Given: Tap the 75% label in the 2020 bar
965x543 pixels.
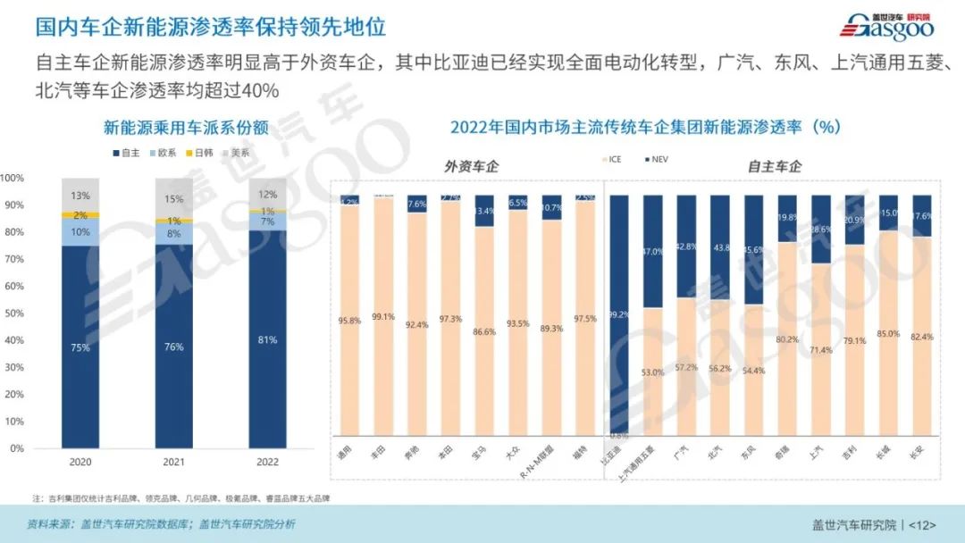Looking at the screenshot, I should click(x=80, y=347).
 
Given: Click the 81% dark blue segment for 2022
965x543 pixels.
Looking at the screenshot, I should click(x=266, y=339).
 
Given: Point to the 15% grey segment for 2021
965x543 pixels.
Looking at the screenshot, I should click(x=173, y=198).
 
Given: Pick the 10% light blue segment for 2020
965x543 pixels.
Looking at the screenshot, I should click(x=80, y=232).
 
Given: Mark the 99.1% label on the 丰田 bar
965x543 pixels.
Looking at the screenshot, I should click(x=383, y=316).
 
